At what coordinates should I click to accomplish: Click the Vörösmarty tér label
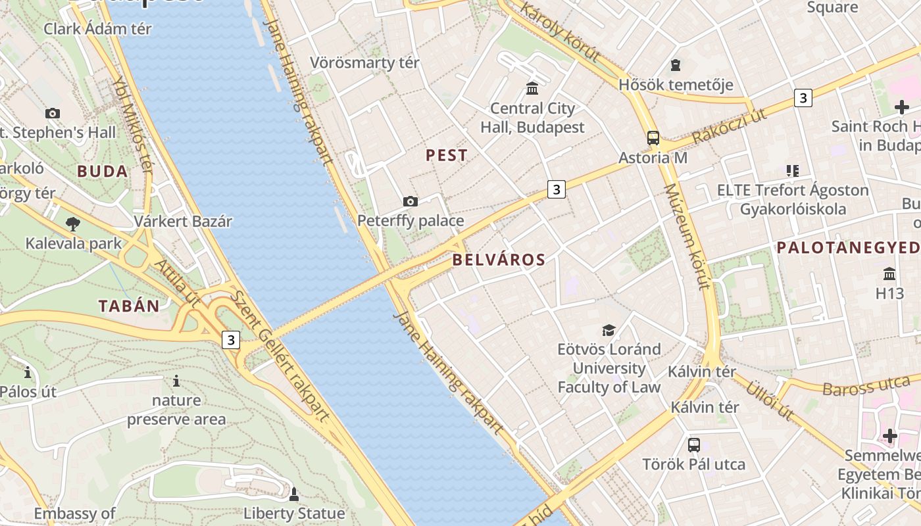tap(364, 63)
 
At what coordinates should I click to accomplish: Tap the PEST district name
tap(447, 156)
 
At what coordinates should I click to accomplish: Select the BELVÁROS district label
tap(499, 260)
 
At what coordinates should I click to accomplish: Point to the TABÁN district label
tap(129, 306)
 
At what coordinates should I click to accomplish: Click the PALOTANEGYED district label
tap(847, 248)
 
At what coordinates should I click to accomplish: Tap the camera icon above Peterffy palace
tap(411, 201)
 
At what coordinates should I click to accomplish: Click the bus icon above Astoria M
tap(653, 138)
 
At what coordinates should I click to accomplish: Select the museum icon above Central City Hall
tap(532, 88)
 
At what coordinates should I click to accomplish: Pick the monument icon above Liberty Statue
tap(294, 493)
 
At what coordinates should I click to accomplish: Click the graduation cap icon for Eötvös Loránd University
tap(609, 329)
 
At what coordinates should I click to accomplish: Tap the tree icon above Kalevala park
tap(73, 224)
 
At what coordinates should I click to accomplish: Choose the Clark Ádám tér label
tap(97, 29)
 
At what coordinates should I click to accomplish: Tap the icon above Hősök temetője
tap(675, 65)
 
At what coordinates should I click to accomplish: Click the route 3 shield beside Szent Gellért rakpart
tap(230, 340)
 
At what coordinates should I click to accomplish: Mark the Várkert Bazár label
tap(183, 221)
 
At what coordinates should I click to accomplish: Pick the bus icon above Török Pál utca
tap(693, 444)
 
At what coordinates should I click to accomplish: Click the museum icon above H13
tap(889, 273)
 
